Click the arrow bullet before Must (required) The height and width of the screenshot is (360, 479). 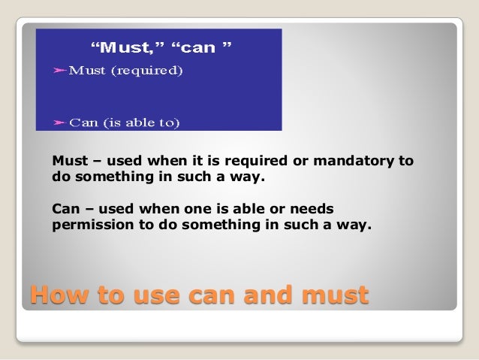tap(59, 71)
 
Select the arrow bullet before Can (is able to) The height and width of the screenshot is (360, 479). tap(59, 122)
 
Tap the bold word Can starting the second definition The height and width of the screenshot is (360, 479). tap(65, 207)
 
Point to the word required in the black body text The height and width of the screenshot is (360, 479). tap(255, 162)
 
